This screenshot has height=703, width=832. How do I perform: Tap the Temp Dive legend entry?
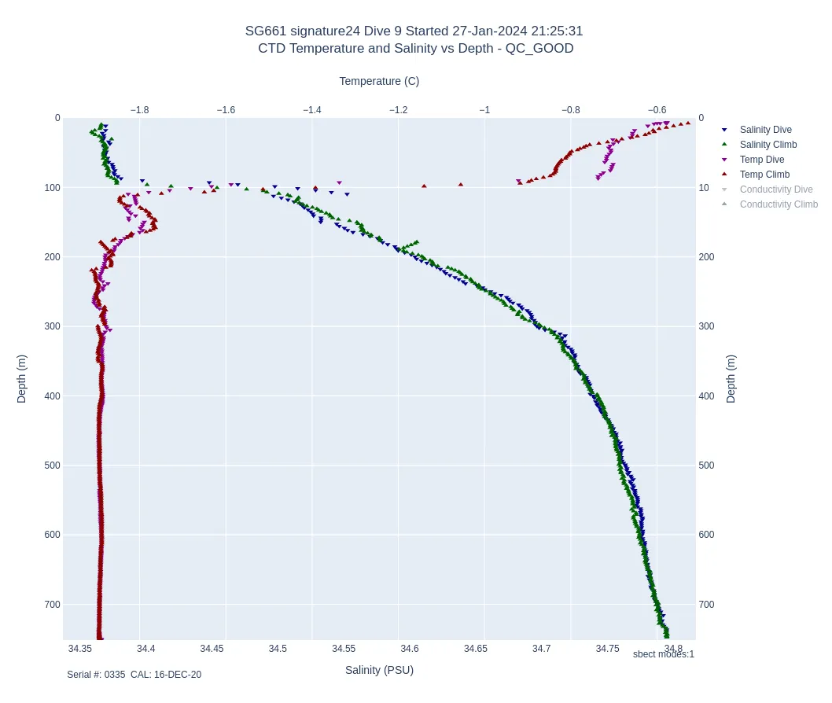[761, 160]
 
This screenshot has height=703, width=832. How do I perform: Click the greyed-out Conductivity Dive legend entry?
[775, 190]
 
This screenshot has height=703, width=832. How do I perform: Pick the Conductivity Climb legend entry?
[779, 204]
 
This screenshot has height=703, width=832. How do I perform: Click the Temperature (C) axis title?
[379, 81]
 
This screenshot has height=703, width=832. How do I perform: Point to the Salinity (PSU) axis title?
[379, 670]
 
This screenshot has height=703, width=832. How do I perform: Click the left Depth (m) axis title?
[22, 378]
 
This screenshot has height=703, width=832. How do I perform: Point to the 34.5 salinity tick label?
[278, 649]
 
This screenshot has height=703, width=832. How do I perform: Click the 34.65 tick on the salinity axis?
[475, 649]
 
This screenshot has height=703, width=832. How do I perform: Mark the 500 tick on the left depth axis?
[52, 466]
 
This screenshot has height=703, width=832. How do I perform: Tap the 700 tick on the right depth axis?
[706, 605]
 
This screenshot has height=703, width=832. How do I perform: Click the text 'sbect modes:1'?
[663, 654]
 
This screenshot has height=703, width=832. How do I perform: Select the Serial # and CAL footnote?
[134, 675]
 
